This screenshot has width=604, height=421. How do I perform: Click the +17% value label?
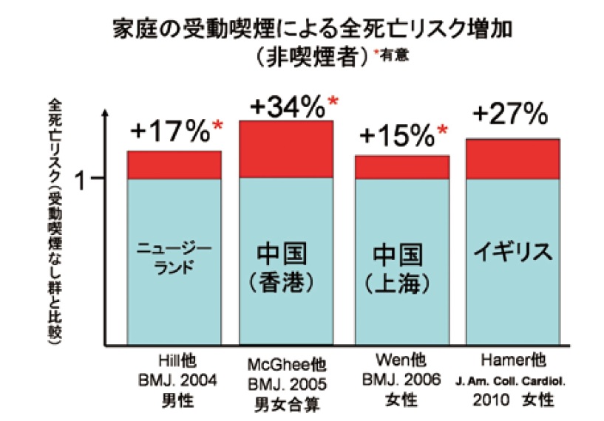pos(170,133)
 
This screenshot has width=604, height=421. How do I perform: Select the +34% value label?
pos(288,107)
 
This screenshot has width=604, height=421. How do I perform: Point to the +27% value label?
pos(510,114)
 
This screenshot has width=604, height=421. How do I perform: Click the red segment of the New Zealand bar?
pos(174,165)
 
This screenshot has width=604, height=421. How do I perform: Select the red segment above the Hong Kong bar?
pos(287,149)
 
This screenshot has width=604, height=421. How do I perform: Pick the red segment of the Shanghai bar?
pos(402,167)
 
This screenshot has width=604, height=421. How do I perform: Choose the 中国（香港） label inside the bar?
pos(287,266)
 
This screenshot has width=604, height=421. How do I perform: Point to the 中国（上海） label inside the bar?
pos(402,267)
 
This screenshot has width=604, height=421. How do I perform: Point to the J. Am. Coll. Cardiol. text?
pos(512,381)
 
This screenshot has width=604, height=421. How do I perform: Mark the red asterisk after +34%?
pos(333,101)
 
